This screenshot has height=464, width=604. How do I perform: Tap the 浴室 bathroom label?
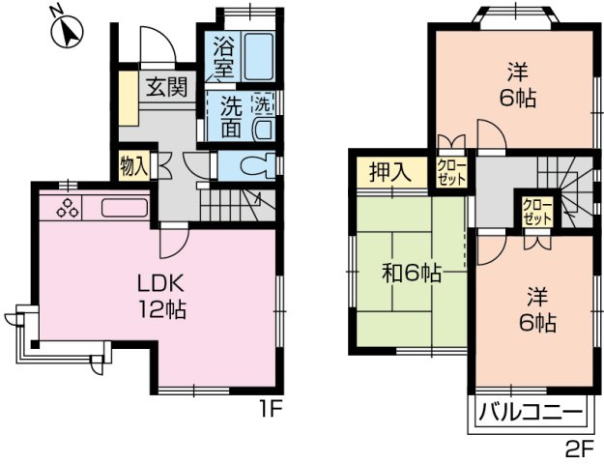(x=223, y=56)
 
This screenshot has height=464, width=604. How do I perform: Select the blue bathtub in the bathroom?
(x=258, y=57)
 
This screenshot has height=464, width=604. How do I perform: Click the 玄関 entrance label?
(x=166, y=87)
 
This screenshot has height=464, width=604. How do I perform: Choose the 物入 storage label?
(x=133, y=165)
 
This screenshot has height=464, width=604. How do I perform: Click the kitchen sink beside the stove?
(x=122, y=208)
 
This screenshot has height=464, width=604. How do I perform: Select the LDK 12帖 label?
(x=159, y=297)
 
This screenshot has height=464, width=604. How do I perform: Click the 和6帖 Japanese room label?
(x=411, y=274)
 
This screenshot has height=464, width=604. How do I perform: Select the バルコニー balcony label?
(x=532, y=414)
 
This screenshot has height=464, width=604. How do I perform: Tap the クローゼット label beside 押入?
(x=452, y=172)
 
